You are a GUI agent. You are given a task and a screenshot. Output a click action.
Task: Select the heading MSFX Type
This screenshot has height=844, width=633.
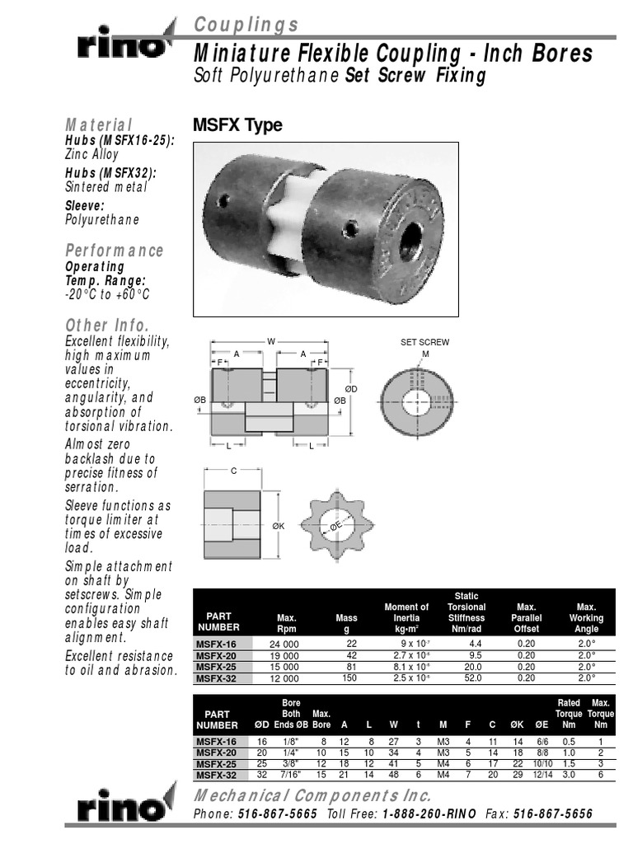237,125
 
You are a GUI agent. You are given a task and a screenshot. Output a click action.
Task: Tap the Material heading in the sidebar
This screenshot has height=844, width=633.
99,124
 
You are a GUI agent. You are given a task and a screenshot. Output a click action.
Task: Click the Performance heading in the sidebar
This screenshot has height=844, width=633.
115,251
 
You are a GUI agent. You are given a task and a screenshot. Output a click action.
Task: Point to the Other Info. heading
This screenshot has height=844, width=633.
107,324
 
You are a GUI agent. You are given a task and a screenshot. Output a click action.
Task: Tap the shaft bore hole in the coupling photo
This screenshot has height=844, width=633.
410,241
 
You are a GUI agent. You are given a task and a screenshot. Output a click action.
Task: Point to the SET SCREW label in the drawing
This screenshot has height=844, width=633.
425,342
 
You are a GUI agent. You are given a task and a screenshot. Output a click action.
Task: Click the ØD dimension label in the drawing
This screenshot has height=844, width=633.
350,388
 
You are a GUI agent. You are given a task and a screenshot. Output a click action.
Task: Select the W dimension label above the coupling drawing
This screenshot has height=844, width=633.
270,341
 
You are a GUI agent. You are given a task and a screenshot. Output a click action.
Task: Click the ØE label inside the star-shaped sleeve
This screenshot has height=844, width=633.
335,525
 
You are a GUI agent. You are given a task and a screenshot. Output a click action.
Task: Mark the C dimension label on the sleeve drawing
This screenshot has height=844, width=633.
233,471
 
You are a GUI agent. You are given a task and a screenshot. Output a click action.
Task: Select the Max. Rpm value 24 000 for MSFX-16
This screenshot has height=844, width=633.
282,643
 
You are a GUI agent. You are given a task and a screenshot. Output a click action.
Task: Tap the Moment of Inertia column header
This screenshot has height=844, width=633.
406,617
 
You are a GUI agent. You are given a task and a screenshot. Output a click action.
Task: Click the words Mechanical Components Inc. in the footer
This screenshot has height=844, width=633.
312,795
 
